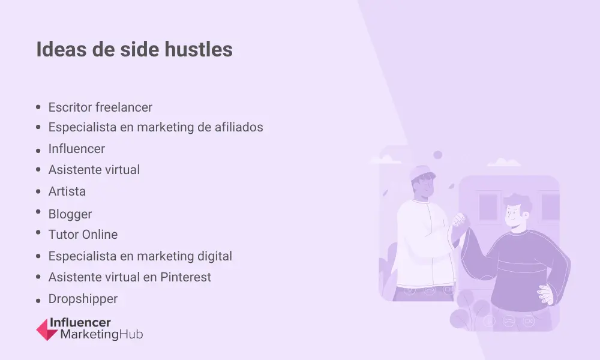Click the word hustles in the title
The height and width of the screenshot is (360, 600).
[199, 49]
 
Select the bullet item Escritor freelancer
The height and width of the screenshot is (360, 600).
[100, 107]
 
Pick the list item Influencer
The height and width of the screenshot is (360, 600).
[77, 149]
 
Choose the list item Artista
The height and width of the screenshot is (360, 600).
[67, 191]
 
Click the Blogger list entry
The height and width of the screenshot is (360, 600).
[70, 214]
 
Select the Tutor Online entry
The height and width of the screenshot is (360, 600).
[83, 235]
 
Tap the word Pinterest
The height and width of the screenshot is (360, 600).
[185, 277]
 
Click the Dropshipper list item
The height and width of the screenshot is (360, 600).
[83, 299]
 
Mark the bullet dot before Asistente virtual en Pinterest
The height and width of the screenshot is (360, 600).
[38, 276]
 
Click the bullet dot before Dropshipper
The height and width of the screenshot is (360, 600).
[38, 301]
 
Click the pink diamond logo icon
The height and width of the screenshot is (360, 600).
[47, 329]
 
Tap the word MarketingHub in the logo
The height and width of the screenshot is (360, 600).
[102, 334]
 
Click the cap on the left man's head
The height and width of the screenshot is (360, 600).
[422, 173]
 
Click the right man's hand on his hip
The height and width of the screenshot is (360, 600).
[545, 294]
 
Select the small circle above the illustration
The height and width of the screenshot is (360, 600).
[438, 155]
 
